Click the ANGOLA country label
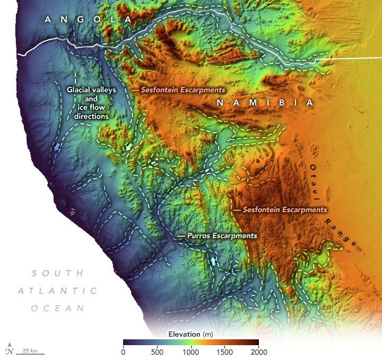[x=88, y=20]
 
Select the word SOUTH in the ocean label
[x=58, y=274]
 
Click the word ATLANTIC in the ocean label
[x=58, y=291]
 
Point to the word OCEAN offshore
[x=58, y=308]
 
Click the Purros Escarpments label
[x=221, y=235]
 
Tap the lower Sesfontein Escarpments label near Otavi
[x=284, y=210]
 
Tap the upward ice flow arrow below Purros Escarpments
[x=213, y=260]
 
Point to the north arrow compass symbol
[x=8, y=350]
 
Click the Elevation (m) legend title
[x=190, y=334]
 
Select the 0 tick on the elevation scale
[x=124, y=352]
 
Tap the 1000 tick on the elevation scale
[x=190, y=352]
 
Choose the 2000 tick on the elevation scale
[x=258, y=352]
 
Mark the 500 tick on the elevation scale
[x=157, y=352]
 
